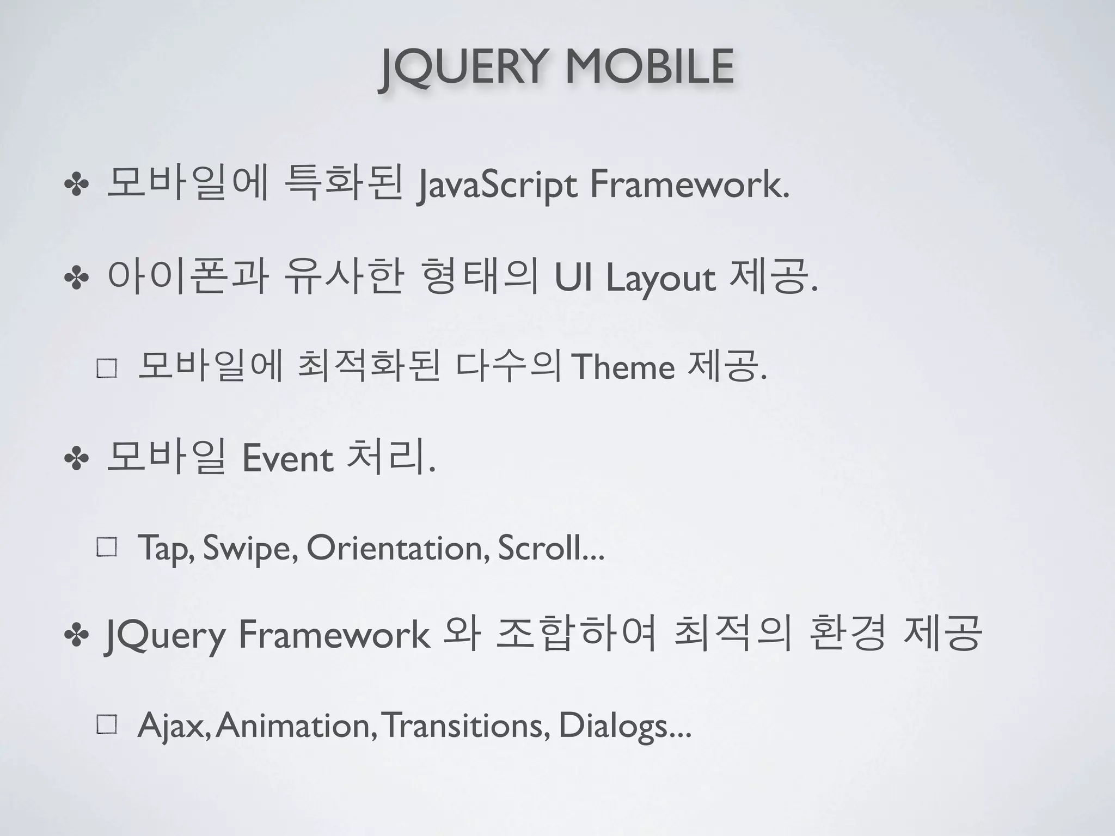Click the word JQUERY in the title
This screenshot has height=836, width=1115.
point(462,67)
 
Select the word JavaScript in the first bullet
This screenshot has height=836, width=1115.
point(496,186)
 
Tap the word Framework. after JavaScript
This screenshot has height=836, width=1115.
point(689,185)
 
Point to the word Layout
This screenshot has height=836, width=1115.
point(660,279)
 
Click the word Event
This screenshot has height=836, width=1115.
point(287,458)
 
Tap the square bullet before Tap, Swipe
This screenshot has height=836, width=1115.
point(107,548)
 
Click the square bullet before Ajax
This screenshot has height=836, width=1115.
point(107,725)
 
